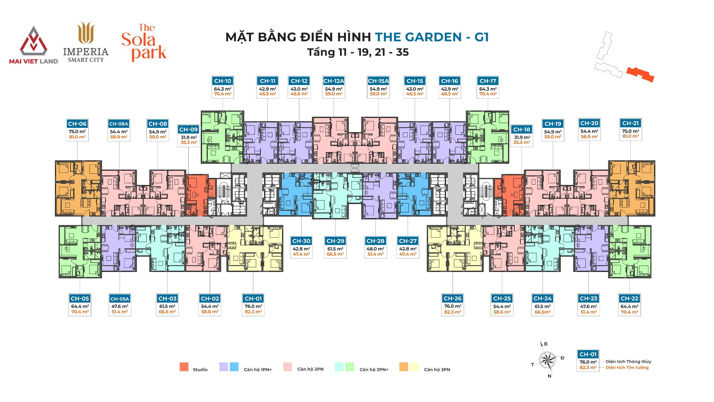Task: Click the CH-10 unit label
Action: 223,81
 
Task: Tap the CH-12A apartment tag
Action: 334,81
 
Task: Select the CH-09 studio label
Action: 189,130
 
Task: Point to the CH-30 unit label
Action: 301,241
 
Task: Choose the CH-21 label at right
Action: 630,123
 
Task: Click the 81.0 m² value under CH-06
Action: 77,137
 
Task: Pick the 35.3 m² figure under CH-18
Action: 522,142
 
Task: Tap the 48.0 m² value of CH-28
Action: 375,249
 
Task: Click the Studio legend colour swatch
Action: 184,367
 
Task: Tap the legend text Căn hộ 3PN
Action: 437,370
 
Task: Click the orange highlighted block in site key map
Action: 640,74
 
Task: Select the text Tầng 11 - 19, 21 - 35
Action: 358,52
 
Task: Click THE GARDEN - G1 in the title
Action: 432,37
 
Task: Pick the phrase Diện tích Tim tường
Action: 627,367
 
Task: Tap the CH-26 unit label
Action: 452,298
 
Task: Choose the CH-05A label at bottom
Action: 120,299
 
